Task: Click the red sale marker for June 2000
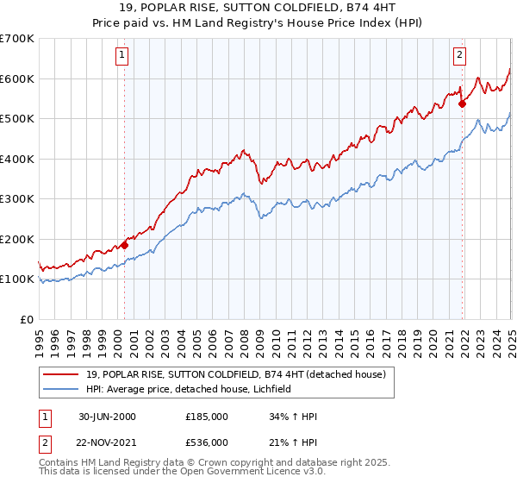point(124,245)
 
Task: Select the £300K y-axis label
point(17,198)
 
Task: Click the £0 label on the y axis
point(27,319)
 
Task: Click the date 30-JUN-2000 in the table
point(105,417)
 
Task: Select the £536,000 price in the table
point(207,441)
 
